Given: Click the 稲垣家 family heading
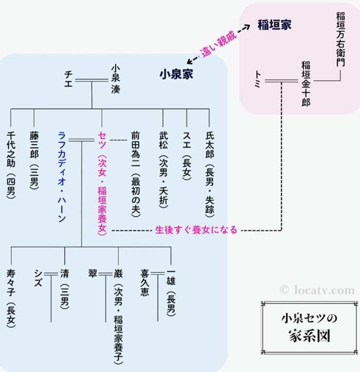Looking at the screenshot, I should pos(275,25).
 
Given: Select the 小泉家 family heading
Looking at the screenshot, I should pos(176,74).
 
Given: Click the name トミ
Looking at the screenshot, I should pos(258,80).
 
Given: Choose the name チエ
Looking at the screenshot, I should pos(68,80).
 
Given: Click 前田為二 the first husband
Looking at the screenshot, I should pos(135,149).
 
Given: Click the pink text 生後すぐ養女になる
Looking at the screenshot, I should pos(196,230).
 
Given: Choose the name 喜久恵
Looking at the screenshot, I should pos(145,282).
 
